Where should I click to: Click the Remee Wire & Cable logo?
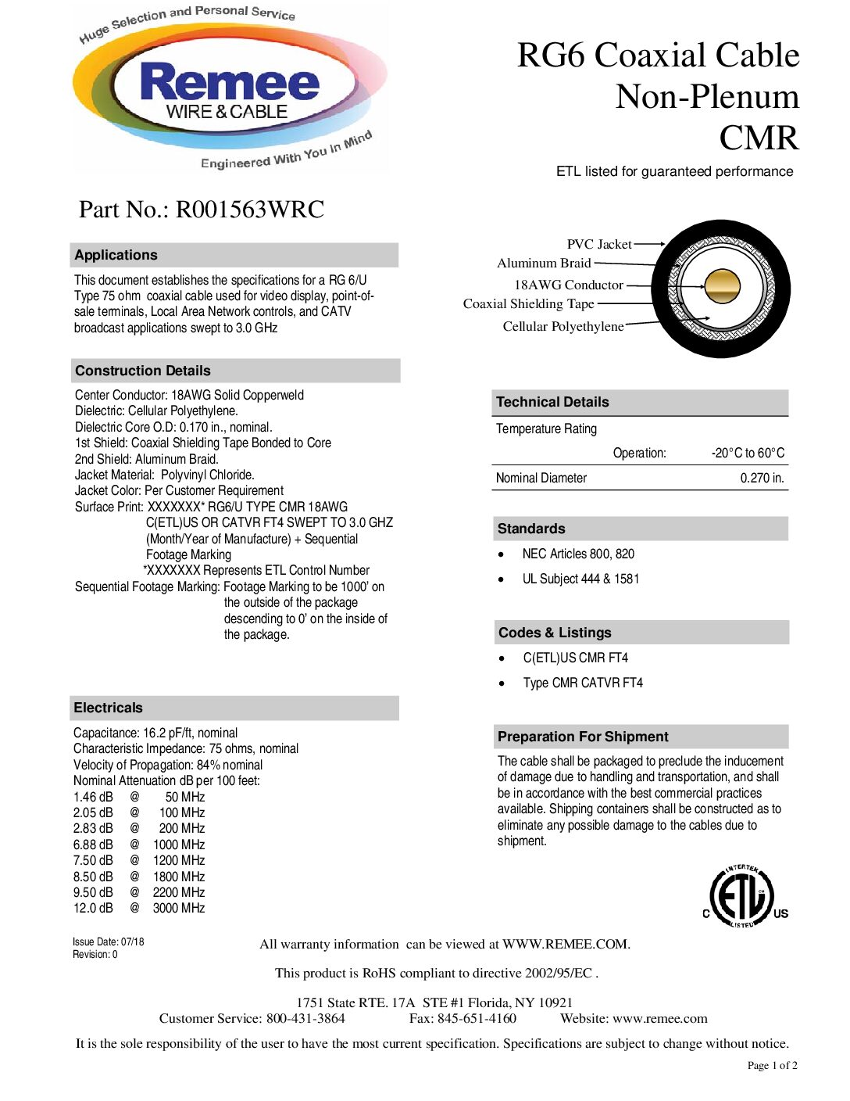tap(230, 88)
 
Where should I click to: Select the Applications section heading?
tap(116, 255)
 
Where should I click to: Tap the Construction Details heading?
tap(143, 371)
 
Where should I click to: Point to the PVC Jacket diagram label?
tap(599, 244)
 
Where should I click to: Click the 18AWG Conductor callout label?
tap(569, 285)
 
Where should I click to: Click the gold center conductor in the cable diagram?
tap(722, 286)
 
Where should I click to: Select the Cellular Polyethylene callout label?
tap(563, 326)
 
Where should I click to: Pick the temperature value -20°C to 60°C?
tap(748, 453)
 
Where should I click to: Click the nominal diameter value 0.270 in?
tap(762, 478)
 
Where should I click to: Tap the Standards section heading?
tap(531, 529)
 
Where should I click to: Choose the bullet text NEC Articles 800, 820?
tap(578, 554)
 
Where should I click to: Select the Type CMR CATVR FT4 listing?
tap(583, 683)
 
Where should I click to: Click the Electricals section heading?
tap(109, 708)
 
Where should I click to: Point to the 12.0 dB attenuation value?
tap(93, 908)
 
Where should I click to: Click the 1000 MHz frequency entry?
tap(179, 845)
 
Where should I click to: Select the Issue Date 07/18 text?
tap(109, 941)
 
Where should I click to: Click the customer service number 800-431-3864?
tap(305, 1018)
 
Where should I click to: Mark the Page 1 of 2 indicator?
tap(772, 1065)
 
